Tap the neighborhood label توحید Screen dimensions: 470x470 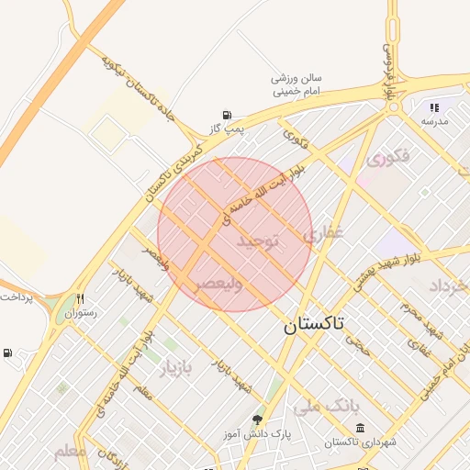click(257, 242)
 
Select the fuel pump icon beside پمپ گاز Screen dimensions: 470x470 click(226, 116)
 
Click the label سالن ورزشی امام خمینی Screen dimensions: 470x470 click(296, 85)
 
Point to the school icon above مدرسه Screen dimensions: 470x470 click(434, 107)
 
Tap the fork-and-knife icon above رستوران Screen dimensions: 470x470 click(81, 298)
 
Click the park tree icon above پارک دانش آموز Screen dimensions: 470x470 click(257, 420)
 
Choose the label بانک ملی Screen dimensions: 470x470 click(330, 404)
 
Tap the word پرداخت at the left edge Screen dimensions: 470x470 click(16, 298)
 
